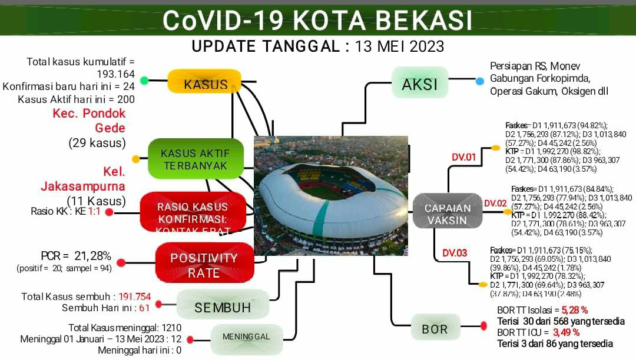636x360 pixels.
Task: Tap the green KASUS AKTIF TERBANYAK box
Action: pyautogui.click(x=195, y=159)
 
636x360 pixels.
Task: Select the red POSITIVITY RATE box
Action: pyautogui.click(x=204, y=265)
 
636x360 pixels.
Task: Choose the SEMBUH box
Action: pyautogui.click(x=223, y=306)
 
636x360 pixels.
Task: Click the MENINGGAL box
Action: pyautogui.click(x=246, y=338)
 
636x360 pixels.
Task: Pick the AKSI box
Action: pyautogui.click(x=419, y=84)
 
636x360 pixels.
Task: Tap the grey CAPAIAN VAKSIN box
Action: pyautogui.click(x=448, y=214)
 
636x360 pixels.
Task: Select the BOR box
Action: pyautogui.click(x=435, y=328)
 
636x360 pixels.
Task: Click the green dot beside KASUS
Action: pyautogui.click(x=144, y=81)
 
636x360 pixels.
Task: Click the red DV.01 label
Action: pyautogui.click(x=463, y=157)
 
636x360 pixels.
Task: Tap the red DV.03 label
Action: pyautogui.click(x=455, y=253)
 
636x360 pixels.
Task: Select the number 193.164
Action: pyautogui.click(x=115, y=74)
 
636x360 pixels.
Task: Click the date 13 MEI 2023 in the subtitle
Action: pyautogui.click(x=399, y=46)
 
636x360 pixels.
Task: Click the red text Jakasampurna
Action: pyautogui.click(x=82, y=186)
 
